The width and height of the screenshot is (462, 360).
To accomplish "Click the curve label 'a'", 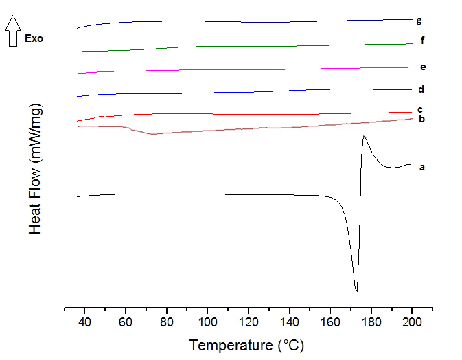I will point(422,166).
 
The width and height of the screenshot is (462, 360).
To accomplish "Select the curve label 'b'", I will point(422,120).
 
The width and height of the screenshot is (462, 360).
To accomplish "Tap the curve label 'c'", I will point(419,109).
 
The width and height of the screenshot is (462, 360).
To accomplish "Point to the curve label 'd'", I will point(420,89).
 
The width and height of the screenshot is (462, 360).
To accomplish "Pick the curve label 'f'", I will point(422,41).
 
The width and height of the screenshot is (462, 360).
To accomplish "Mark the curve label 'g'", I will point(419,20).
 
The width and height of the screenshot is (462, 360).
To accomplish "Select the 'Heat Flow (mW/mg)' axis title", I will point(36,169).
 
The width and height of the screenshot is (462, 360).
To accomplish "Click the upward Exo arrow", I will point(12,32).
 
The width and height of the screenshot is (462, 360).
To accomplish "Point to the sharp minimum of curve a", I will point(356,291).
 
